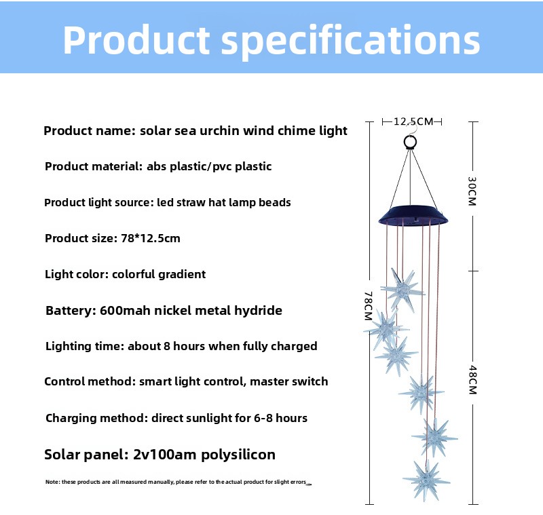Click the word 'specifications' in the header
tap(350, 41)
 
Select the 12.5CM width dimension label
tap(413, 121)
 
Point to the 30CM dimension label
tap(472, 191)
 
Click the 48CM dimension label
tap(472, 380)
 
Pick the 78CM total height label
tap(369, 305)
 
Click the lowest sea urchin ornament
tap(426, 480)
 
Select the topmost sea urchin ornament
tap(402, 290)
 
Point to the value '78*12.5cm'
tap(151, 238)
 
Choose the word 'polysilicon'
tap(238, 455)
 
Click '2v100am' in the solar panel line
tap(164, 455)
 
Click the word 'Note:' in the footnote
tap(52, 482)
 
